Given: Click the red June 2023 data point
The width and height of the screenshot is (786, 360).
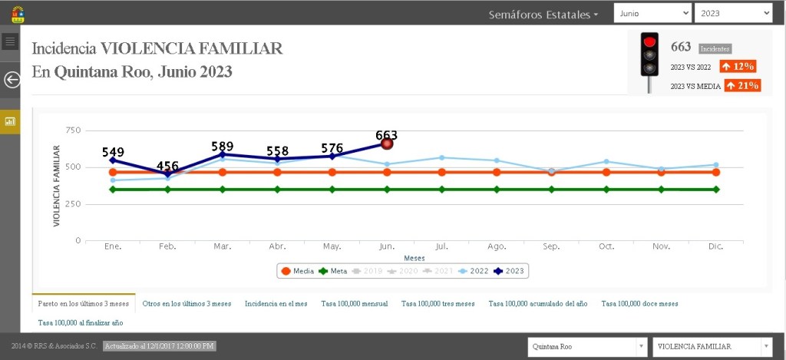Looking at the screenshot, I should [387, 144].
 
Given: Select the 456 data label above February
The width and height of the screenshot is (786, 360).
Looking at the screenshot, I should [168, 166].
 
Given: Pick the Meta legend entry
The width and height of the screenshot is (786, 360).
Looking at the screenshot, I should [333, 271].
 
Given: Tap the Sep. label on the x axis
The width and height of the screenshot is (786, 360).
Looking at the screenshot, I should [551, 246].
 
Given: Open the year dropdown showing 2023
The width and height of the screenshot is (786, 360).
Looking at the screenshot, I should [732, 13].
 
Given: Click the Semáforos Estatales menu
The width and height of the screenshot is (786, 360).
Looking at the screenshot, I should [543, 15].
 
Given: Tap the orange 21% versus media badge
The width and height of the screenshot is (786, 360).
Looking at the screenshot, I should [742, 86].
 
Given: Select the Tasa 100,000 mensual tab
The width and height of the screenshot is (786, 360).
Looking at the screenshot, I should [354, 303].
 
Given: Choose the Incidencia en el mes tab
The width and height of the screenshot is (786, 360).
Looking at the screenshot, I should [276, 303].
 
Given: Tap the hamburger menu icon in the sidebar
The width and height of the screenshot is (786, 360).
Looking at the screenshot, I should [10, 41].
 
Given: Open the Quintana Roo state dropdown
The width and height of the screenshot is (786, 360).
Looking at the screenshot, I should [587, 347].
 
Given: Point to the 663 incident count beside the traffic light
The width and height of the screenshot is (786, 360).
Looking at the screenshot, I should [682, 48].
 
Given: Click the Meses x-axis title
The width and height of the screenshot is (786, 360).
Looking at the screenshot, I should [414, 258].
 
